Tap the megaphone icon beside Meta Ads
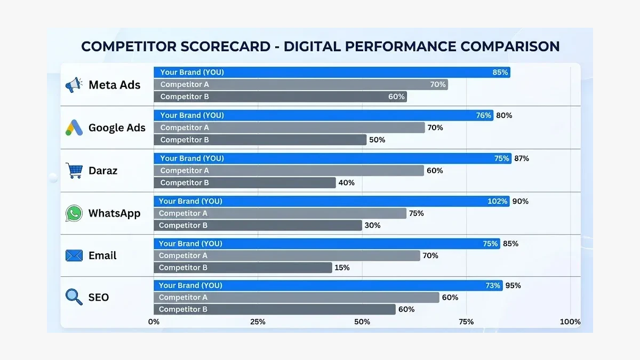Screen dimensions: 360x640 pyautogui.click(x=74, y=85)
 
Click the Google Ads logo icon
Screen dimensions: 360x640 pyautogui.click(x=73, y=127)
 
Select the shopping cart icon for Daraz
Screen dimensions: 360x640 pyautogui.click(x=74, y=171)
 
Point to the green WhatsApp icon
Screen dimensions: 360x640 pyautogui.click(x=74, y=213)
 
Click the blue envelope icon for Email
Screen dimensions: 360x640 pyautogui.click(x=74, y=255)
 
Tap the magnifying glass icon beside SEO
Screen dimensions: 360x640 pyautogui.click(x=74, y=297)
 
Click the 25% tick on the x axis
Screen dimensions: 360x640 pyautogui.click(x=258, y=322)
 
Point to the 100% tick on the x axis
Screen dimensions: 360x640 pyautogui.click(x=571, y=322)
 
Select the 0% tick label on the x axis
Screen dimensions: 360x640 pyautogui.click(x=154, y=322)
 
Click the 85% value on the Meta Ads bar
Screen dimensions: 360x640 pyautogui.click(x=500, y=72)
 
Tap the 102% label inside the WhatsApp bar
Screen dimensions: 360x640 pyautogui.click(x=497, y=201)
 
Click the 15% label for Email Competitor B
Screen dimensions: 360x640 pyautogui.click(x=342, y=268)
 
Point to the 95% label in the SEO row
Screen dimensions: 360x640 pyautogui.click(x=513, y=285)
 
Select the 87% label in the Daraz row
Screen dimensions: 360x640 pyautogui.click(x=521, y=158)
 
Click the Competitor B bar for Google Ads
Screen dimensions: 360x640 pyautogui.click(x=260, y=140)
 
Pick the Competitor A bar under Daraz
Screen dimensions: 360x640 pyautogui.click(x=289, y=171)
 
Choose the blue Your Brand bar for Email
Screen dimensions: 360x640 pyautogui.click(x=326, y=244)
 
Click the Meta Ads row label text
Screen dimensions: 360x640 pyautogui.click(x=115, y=85)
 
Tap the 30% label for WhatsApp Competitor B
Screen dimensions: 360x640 pyautogui.click(x=372, y=226)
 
